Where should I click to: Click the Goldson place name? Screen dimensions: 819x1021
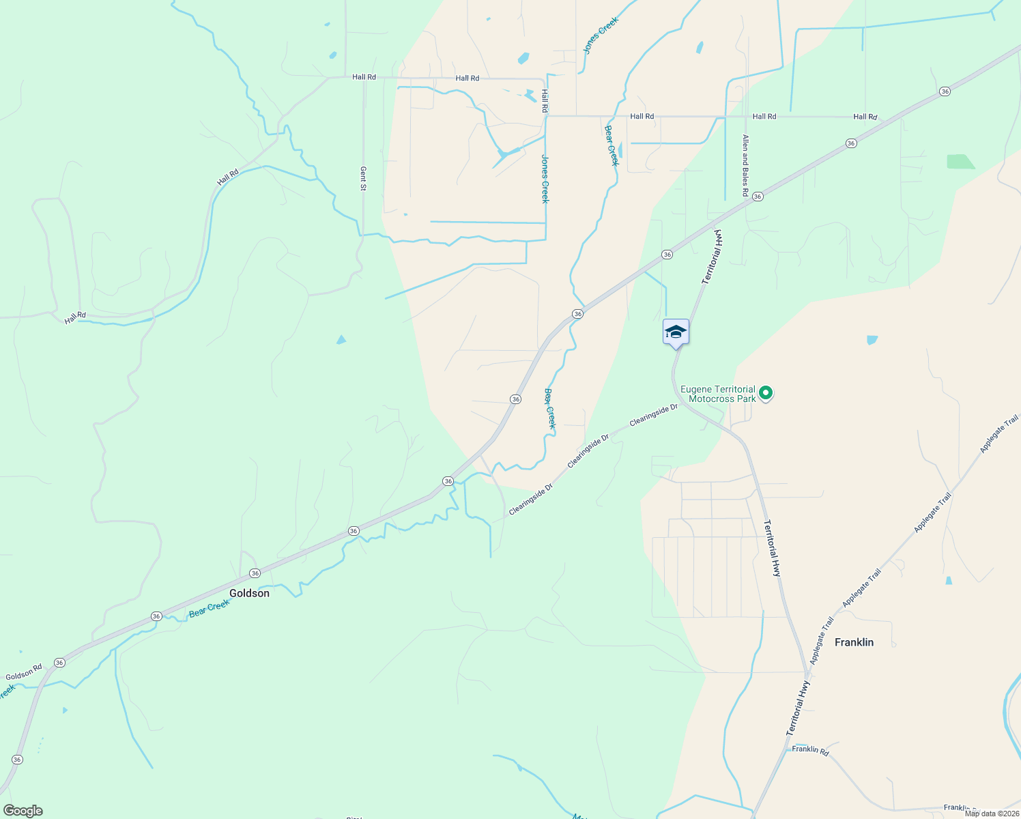point(249,593)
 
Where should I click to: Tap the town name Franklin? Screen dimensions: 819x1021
point(854,642)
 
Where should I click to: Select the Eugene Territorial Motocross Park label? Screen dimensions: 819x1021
point(718,394)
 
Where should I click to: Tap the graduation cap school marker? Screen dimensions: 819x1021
point(676,333)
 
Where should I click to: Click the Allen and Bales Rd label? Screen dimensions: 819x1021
point(745,166)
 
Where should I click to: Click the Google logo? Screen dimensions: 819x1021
point(23,811)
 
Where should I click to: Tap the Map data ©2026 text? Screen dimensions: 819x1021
point(992,814)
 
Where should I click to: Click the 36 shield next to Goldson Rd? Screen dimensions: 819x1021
point(59,663)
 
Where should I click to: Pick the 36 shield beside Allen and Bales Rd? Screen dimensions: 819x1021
point(758,197)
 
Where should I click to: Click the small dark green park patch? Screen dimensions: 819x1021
point(960,162)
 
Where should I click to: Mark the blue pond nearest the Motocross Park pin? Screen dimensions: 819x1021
point(872,340)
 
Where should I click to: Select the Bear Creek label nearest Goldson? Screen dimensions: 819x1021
point(210,608)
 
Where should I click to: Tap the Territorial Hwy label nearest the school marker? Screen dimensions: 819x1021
point(713,257)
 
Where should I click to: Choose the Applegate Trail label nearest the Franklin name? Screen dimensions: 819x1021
point(821,641)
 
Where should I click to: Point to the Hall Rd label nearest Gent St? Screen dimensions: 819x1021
point(364,77)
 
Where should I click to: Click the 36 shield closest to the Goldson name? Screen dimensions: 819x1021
point(255,573)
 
